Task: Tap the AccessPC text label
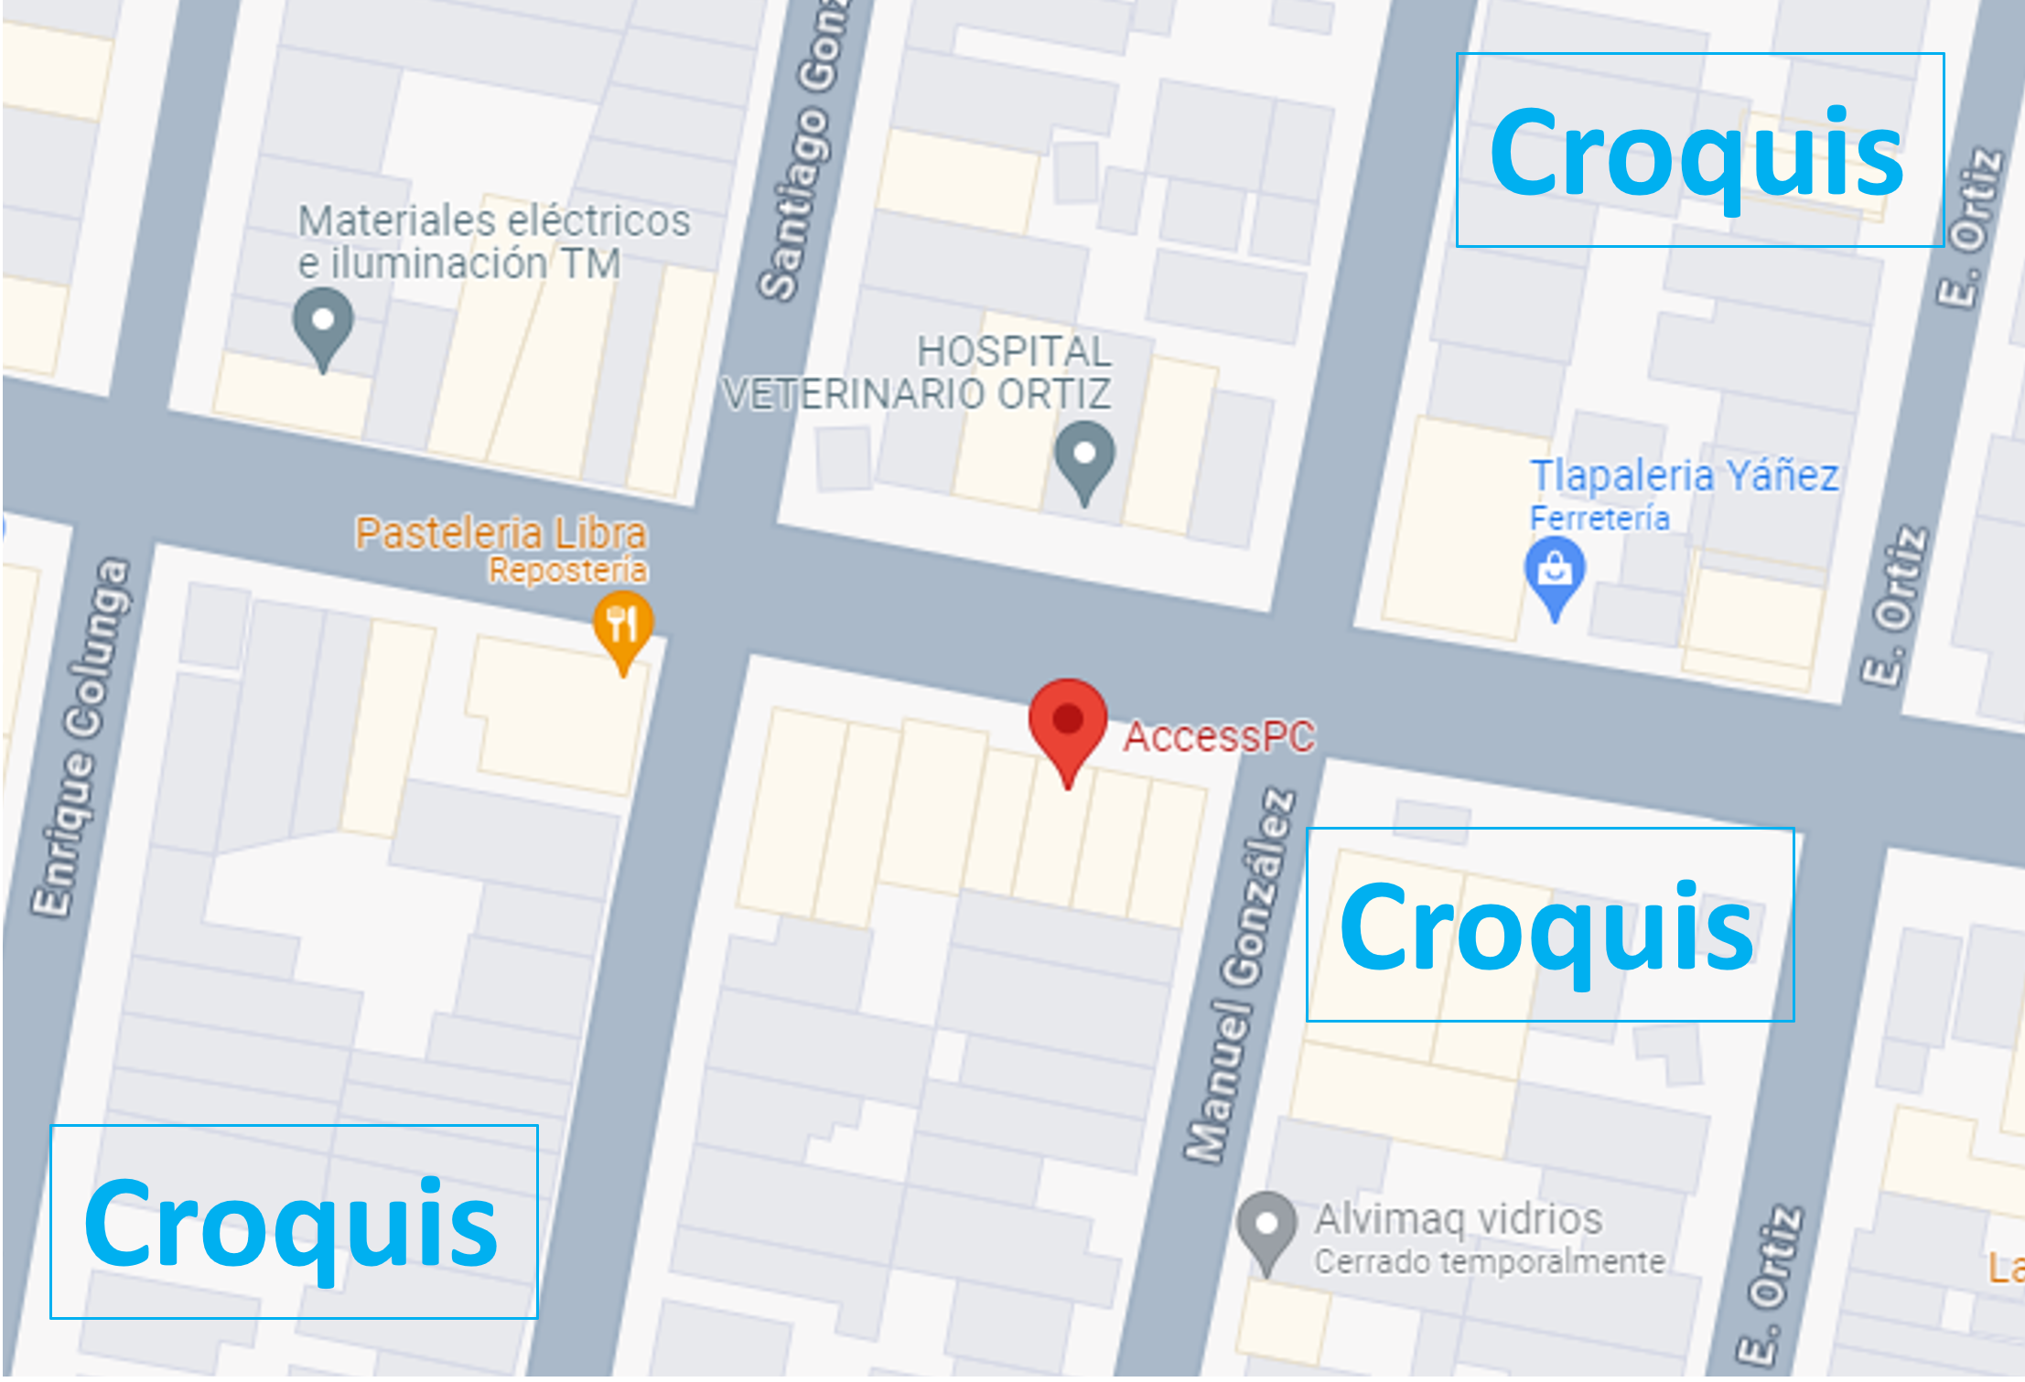[x=1219, y=736]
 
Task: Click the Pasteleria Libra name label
[x=501, y=533]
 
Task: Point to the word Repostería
[x=567, y=571]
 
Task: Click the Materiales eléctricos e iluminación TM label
[x=493, y=241]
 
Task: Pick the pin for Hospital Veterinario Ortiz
[x=1084, y=456]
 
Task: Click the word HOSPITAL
[x=1014, y=351]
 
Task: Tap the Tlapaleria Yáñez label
[x=1684, y=476]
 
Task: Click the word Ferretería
[x=1600, y=519]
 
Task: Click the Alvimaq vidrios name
[x=1459, y=1218]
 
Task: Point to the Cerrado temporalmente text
[x=1490, y=1262]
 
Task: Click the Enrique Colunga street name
[x=82, y=736]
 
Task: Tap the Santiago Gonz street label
[x=806, y=151]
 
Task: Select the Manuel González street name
[x=1241, y=974]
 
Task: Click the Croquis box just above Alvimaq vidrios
[x=1549, y=924]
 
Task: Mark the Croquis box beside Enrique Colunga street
[x=294, y=1221]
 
